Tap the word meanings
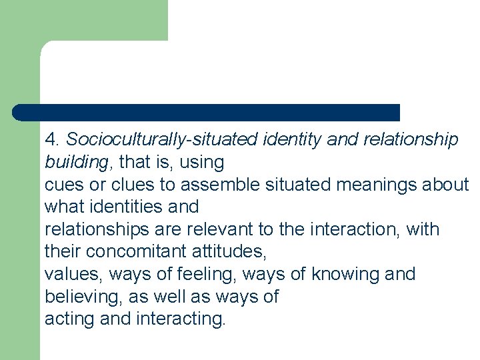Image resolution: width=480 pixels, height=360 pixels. [378, 184]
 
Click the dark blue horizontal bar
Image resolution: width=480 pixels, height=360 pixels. [207, 113]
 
